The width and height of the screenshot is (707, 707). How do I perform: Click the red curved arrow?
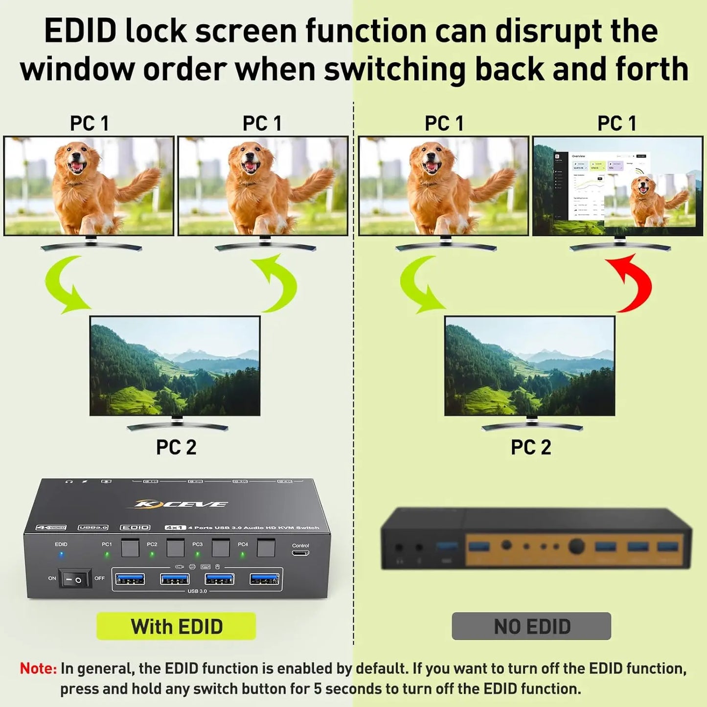tap(633, 284)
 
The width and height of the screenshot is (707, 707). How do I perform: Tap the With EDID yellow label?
tap(176, 626)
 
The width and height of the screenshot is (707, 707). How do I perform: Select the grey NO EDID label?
tap(531, 626)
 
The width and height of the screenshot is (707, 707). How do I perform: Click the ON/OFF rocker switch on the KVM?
tap(75, 579)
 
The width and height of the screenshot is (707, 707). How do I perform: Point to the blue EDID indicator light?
tap(61, 555)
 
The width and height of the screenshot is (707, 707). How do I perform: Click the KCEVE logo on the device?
tap(181, 504)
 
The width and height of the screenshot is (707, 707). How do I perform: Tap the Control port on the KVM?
tap(300, 553)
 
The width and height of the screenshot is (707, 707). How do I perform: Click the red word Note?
tap(38, 668)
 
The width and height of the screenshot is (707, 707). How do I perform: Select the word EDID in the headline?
tap(80, 31)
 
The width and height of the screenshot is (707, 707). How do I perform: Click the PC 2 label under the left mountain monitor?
tap(176, 447)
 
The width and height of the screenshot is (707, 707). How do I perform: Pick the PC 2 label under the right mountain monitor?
tap(531, 447)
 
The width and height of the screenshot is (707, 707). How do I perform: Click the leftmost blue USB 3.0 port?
tap(130, 579)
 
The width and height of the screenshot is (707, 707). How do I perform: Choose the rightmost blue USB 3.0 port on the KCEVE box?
tap(265, 579)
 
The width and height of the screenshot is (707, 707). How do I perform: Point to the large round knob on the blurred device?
tap(576, 546)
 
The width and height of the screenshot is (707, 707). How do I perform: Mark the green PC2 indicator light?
tap(152, 554)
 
